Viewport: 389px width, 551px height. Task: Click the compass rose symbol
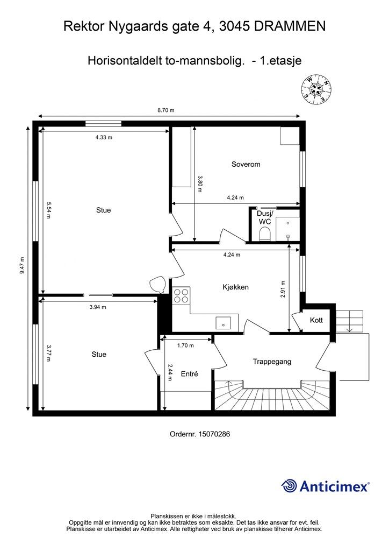317,89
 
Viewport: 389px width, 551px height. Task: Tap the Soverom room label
246,164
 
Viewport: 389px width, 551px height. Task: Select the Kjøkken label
236,287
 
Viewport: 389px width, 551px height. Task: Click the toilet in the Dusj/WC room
264,234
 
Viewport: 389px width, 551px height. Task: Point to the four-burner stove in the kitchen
181,295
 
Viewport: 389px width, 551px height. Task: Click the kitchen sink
223,323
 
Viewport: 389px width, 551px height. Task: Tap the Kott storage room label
316,321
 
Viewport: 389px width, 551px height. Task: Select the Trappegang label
272,362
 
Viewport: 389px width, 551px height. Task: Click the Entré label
190,374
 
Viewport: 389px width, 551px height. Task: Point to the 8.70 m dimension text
166,110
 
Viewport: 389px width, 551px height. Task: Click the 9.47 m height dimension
21,265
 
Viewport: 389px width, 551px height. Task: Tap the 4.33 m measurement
104,137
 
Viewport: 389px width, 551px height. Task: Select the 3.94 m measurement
98,307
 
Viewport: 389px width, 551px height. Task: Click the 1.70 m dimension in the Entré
185,345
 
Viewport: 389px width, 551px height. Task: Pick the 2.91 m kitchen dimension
283,289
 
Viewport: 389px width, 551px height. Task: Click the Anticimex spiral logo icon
289,486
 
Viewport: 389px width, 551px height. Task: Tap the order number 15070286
214,434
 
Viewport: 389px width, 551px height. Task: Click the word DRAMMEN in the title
290,26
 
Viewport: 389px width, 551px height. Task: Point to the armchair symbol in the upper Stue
157,284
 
